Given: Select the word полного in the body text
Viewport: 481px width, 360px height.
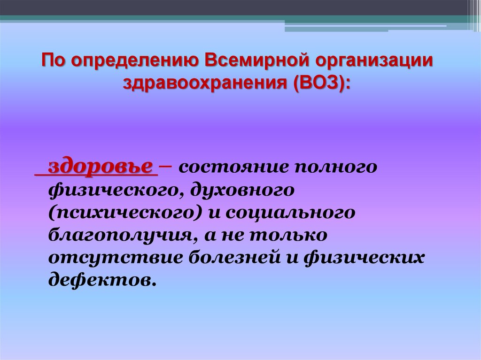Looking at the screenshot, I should click(335, 168).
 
